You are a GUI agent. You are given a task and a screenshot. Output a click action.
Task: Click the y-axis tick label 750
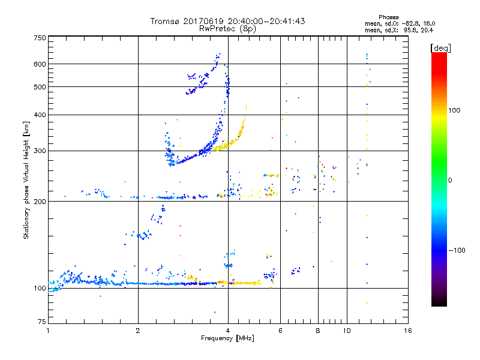[x=40, y=37]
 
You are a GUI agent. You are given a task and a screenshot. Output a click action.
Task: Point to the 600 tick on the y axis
[x=40, y=64]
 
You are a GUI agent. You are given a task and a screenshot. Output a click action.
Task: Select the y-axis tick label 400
[x=40, y=115]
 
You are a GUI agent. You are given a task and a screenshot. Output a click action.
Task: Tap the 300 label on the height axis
[x=40, y=151]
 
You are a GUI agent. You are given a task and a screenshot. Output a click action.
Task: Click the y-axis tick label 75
[x=41, y=322]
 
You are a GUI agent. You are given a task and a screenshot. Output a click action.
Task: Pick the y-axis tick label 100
[x=40, y=288]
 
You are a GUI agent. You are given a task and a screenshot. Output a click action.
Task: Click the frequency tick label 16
[x=407, y=331]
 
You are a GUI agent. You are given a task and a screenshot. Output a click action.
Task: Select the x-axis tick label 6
[x=280, y=331]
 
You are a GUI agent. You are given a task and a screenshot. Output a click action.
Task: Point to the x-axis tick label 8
[x=318, y=331]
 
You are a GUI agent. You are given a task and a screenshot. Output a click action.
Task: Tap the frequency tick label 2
[x=138, y=331]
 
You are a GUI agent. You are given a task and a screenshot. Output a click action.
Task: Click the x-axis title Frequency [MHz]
[x=227, y=338]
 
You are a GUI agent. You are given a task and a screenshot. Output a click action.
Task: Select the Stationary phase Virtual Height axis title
[x=26, y=180]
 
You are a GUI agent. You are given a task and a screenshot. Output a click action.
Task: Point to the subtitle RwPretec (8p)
[x=227, y=28]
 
